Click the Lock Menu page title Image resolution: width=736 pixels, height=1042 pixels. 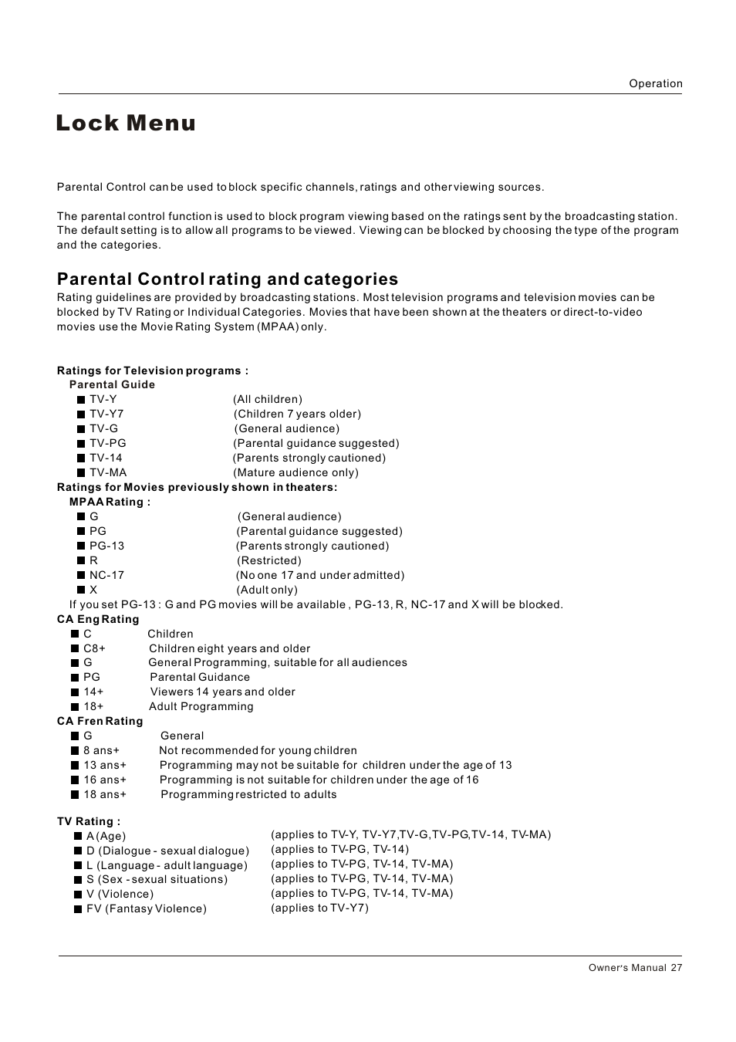pyautogui.click(x=126, y=123)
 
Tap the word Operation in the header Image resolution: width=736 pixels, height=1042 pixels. pyautogui.click(x=655, y=83)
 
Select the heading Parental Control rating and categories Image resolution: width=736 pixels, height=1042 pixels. pyautogui.click(x=228, y=279)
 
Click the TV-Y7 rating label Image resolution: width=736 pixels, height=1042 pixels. pyautogui.click(x=106, y=414)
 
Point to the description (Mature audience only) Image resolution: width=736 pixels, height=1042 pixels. pyautogui.click(x=297, y=472)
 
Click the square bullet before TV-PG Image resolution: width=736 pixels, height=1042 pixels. pyautogui.click(x=81, y=444)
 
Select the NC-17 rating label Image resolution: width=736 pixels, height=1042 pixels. pyautogui.click(x=106, y=575)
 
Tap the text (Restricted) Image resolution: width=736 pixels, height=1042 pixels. pyautogui.click(x=269, y=560)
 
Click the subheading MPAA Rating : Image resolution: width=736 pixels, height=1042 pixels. pyautogui.click(x=110, y=502)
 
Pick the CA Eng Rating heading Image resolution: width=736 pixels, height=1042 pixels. pyautogui.click(x=98, y=619)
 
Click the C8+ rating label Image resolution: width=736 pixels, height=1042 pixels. pyautogui.click(x=94, y=648)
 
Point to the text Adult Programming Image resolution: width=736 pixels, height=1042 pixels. pyautogui.click(x=201, y=706)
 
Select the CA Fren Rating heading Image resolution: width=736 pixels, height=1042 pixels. pyautogui.click(x=100, y=721)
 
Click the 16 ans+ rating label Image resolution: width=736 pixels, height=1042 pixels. pyautogui.click(x=105, y=780)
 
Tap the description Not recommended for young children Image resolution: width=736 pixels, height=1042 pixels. pyautogui.click(x=258, y=750)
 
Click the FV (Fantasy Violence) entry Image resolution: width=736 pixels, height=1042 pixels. pyautogui.click(x=147, y=908)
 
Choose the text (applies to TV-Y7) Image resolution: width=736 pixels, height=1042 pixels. pyautogui.click(x=319, y=908)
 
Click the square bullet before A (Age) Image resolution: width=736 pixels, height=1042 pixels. pyautogui.click(x=78, y=836)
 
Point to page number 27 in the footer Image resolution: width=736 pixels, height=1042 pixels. pyautogui.click(x=676, y=968)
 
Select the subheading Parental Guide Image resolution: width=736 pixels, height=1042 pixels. pyautogui.click(x=112, y=384)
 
